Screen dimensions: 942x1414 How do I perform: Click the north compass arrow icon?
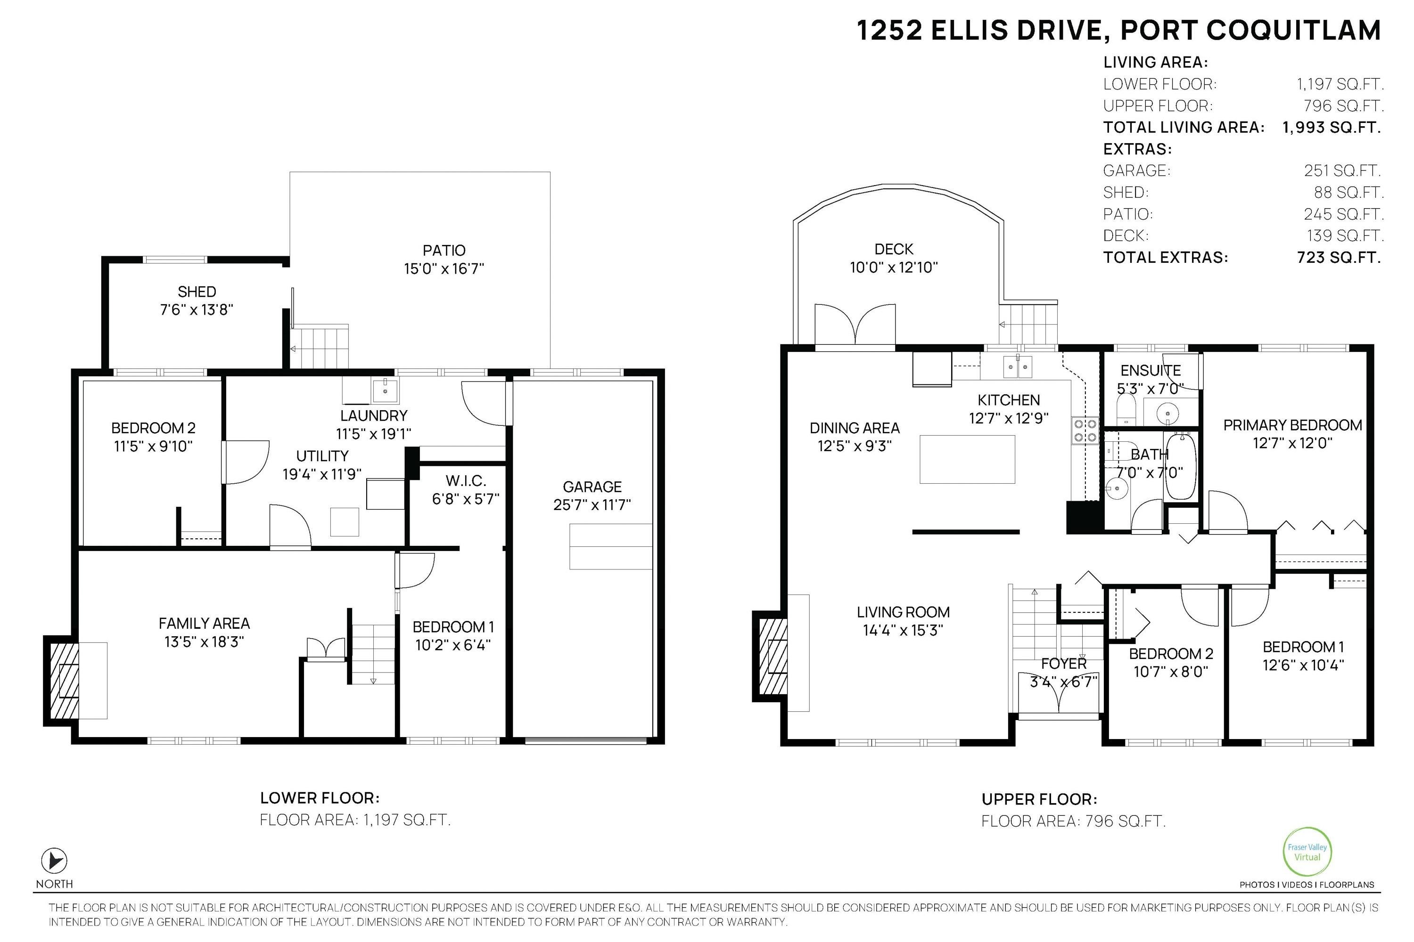point(54,861)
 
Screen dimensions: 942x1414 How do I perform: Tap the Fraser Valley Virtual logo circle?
point(1307,853)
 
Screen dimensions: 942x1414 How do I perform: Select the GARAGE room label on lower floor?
point(592,487)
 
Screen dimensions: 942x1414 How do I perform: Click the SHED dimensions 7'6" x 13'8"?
point(197,309)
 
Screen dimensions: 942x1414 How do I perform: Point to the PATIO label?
point(444,250)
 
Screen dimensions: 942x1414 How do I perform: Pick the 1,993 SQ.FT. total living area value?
point(1331,127)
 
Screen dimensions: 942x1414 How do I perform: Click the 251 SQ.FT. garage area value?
point(1342,171)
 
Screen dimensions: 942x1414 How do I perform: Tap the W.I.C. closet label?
point(466,480)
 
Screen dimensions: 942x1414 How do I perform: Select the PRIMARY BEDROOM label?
point(1292,425)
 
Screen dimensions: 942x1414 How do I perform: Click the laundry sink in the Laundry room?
point(385,391)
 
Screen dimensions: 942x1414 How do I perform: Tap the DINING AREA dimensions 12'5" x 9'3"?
point(854,446)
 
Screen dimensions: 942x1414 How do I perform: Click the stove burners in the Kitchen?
point(1085,430)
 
